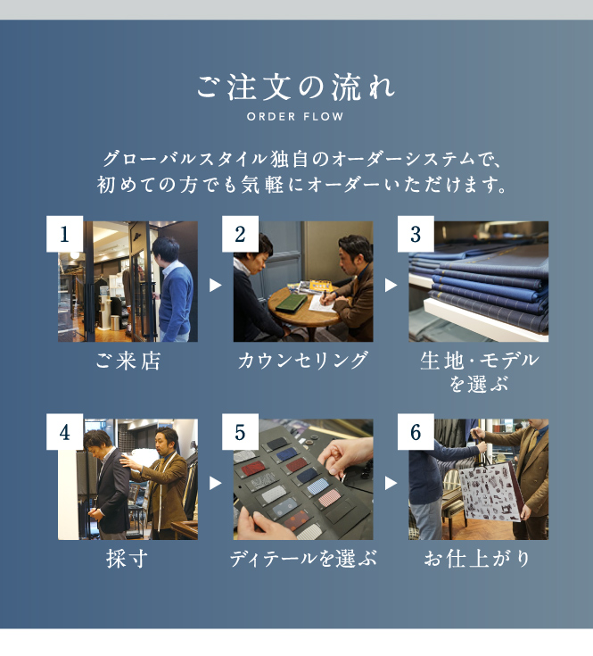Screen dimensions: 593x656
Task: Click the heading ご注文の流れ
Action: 295,87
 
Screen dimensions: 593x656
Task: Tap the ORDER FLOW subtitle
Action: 295,116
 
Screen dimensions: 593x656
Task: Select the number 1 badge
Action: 65,234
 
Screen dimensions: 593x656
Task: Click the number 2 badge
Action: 240,234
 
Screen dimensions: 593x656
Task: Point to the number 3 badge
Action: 416,234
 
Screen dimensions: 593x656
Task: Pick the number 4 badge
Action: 65,432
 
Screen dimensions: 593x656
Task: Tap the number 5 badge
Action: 240,432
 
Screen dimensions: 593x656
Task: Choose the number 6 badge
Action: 416,432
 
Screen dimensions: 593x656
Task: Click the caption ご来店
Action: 128,361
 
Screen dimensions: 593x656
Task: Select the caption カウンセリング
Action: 303,361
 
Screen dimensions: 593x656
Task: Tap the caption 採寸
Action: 127,559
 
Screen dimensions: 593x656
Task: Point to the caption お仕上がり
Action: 478,559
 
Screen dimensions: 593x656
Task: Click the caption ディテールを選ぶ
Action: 303,559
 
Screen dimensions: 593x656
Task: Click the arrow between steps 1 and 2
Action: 215,286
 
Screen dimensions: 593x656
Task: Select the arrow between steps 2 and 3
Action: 391,286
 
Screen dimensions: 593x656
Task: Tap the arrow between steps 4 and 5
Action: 215,483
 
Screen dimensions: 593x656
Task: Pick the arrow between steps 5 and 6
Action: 391,483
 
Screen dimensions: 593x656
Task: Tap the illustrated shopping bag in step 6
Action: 490,493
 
